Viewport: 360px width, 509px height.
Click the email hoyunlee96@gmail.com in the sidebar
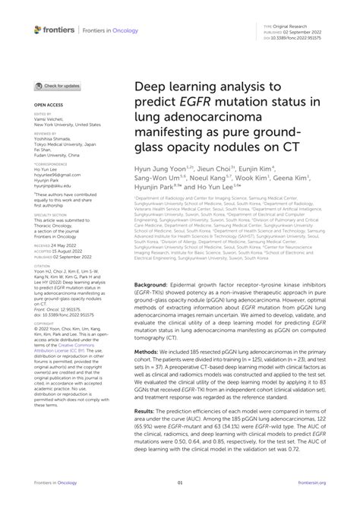(x=58, y=173)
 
